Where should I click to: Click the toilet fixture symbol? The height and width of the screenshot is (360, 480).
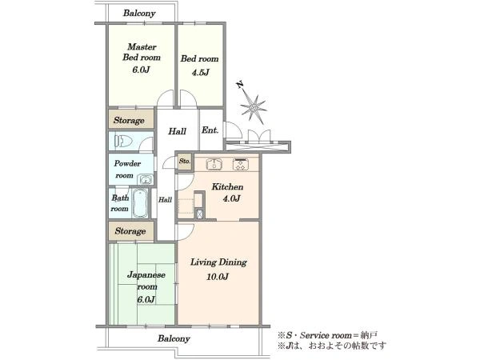(123, 141)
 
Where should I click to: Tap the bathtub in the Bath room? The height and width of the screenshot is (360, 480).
(141, 202)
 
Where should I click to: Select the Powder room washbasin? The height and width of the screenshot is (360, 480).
(145, 179)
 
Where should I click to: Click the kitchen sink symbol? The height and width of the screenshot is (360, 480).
(214, 164)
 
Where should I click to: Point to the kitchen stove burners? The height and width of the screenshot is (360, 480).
(242, 164)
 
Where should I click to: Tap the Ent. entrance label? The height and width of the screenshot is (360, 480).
(210, 130)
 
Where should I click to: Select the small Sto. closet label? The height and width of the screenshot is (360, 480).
(185, 161)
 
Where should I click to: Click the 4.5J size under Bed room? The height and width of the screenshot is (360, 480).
(201, 73)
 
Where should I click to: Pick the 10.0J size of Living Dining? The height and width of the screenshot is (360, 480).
(218, 277)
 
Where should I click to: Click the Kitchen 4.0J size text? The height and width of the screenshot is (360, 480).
(231, 198)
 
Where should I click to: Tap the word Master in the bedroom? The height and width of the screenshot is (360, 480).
(142, 46)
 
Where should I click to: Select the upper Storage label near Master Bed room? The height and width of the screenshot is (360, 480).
(129, 120)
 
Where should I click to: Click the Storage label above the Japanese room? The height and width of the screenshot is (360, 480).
(130, 231)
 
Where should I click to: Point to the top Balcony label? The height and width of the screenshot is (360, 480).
(139, 13)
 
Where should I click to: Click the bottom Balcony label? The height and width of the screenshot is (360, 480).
(174, 338)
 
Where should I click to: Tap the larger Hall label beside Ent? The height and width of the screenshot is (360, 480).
(178, 131)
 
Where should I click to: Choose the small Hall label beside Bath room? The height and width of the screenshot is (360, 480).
(165, 199)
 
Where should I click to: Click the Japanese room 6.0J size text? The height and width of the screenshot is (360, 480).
(146, 299)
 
